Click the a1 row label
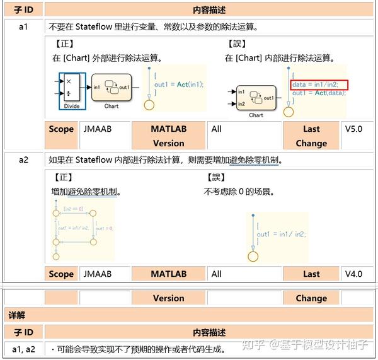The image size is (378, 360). [23, 27]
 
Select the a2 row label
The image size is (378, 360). [23, 160]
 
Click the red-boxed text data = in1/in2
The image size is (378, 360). [319, 84]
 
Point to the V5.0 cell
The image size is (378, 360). [357, 129]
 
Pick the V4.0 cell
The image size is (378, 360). [357, 274]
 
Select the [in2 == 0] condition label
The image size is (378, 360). [74, 209]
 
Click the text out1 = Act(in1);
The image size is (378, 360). [179, 84]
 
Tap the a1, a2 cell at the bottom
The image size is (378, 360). [23, 349]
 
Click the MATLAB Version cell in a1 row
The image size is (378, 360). [168, 136]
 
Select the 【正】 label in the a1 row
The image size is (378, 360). [62, 44]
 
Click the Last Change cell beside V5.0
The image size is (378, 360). [311, 136]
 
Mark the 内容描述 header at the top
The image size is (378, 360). [209, 11]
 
